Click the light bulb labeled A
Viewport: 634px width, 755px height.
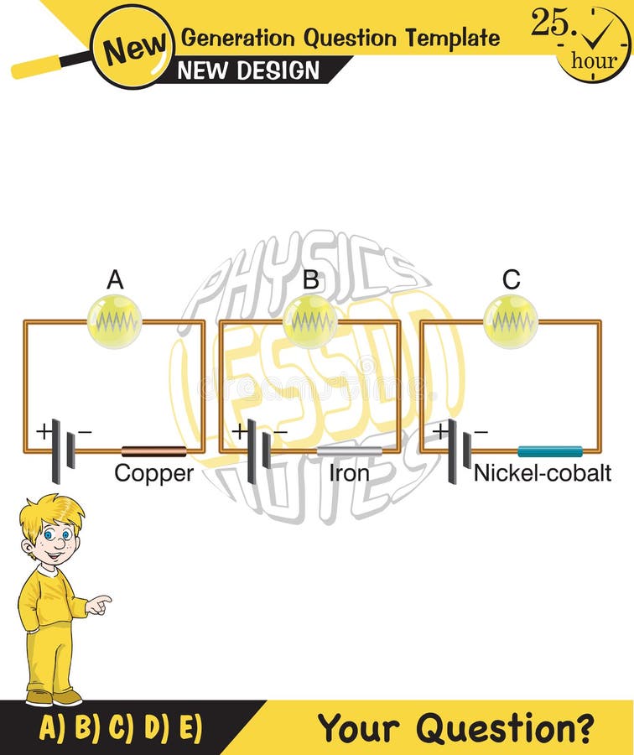pyautogui.click(x=115, y=321)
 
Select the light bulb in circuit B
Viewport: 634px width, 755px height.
pyautogui.click(x=310, y=321)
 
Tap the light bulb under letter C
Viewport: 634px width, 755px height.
pyautogui.click(x=511, y=321)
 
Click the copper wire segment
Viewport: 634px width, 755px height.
pyautogui.click(x=153, y=451)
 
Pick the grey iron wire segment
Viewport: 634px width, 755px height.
pyautogui.click(x=349, y=451)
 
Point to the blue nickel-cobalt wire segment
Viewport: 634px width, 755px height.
pyautogui.click(x=549, y=451)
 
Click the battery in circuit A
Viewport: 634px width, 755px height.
pyautogui.click(x=62, y=451)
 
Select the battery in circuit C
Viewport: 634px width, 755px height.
pyautogui.click(x=458, y=451)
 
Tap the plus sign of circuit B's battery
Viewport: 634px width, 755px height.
pyautogui.click(x=239, y=431)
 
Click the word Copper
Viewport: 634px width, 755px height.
pyautogui.click(x=153, y=474)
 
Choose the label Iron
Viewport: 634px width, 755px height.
pyautogui.click(x=349, y=474)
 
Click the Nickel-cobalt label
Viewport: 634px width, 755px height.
pyautogui.click(x=542, y=474)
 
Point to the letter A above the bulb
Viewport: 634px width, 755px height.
pyautogui.click(x=115, y=280)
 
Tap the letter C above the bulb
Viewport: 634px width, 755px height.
pyautogui.click(x=511, y=280)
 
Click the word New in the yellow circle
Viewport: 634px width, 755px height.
pyautogui.click(x=133, y=48)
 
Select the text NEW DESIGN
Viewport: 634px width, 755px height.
pyautogui.click(x=249, y=70)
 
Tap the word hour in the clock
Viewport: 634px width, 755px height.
pyautogui.click(x=594, y=60)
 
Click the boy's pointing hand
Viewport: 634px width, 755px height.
pyautogui.click(x=98, y=604)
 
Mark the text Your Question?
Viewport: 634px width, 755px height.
pyautogui.click(x=455, y=727)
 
